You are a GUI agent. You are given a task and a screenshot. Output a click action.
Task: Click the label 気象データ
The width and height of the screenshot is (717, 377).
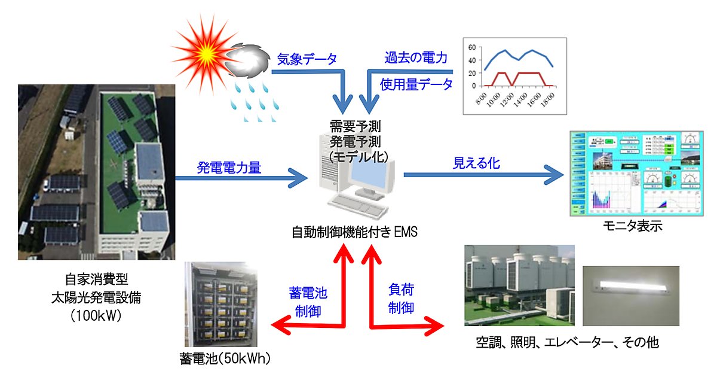coord(307,59)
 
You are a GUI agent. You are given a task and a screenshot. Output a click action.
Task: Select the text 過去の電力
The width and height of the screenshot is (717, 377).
coord(416,59)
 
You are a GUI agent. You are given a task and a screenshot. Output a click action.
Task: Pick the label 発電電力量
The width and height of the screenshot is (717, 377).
coord(229,168)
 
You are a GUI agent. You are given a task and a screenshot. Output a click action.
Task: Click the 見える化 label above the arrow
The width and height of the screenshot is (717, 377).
coord(476,163)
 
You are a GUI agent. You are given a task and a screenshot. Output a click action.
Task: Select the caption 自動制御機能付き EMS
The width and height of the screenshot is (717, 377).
coord(354,232)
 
